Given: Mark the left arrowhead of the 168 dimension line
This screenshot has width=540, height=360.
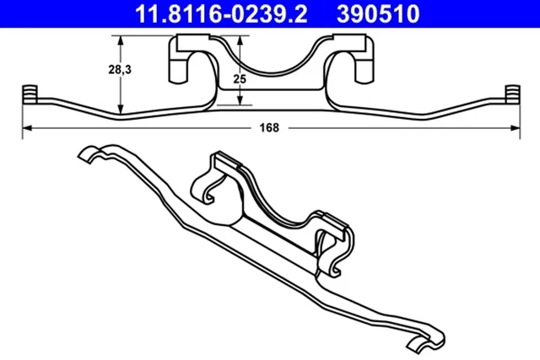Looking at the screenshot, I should pyautogui.click(x=26, y=128).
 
